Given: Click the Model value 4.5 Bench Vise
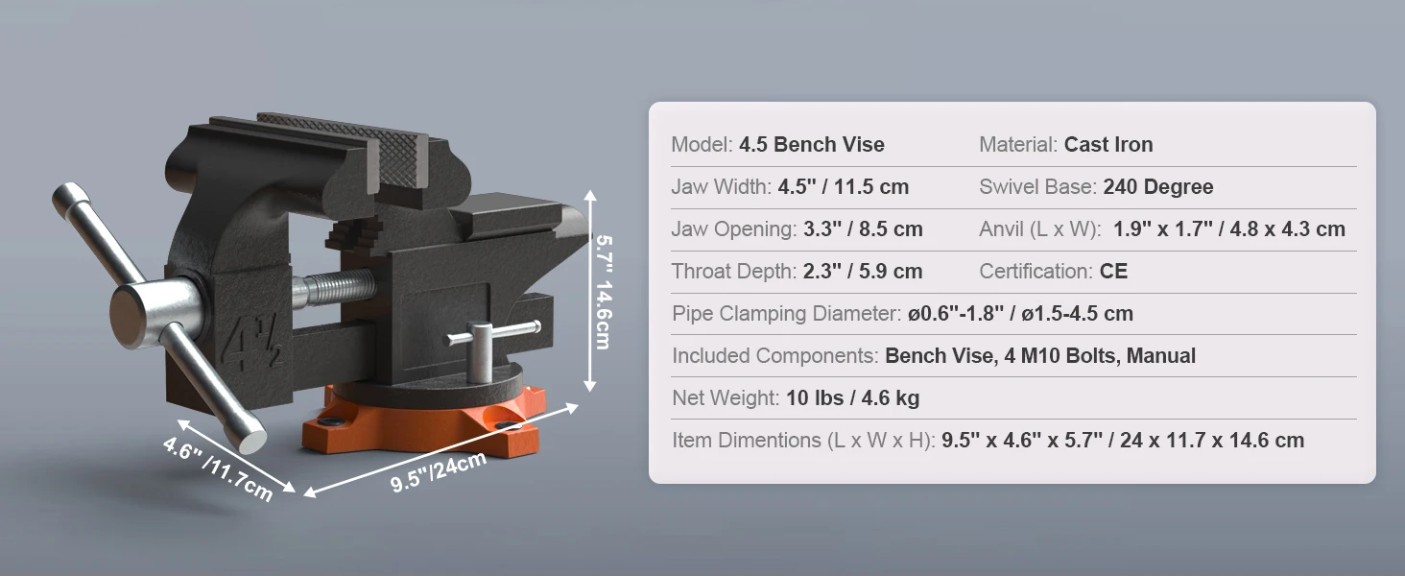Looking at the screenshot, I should (x=811, y=145).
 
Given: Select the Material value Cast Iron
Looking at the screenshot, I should (x=1107, y=145).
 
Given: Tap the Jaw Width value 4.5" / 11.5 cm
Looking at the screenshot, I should (x=842, y=187).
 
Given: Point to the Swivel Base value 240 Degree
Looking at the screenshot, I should (x=1157, y=187).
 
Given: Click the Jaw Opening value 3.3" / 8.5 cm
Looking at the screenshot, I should (x=860, y=229).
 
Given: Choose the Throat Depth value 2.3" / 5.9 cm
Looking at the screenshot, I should (x=862, y=272).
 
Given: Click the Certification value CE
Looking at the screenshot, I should (x=1113, y=272).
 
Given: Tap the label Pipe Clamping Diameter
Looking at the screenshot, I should (x=786, y=314).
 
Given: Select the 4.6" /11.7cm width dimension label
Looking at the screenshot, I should (x=217, y=469).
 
